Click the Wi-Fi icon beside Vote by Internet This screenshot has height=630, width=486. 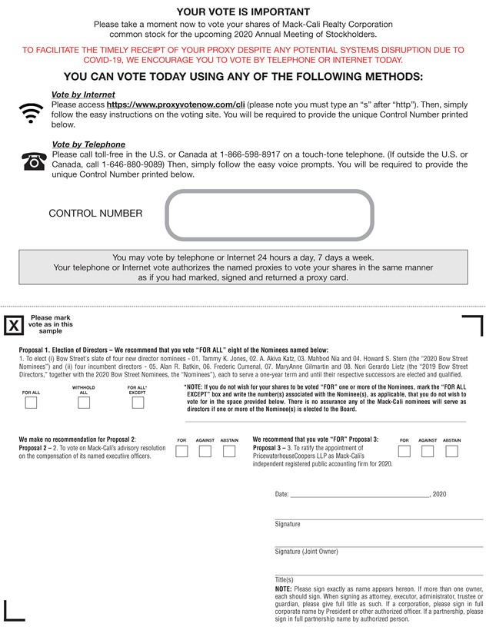click(30, 112)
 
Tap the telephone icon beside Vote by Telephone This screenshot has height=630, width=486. click(33, 161)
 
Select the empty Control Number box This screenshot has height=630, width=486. click(269, 214)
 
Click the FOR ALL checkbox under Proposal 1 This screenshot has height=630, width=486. click(31, 403)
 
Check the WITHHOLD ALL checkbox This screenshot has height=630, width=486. click(84, 403)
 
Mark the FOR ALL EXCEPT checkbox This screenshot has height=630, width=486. click(137, 403)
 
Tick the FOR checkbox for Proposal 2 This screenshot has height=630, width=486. click(181, 451)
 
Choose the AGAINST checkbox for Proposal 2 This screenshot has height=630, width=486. click(205, 451)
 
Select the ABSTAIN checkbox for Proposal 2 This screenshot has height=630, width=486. click(229, 451)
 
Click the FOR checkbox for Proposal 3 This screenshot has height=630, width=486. click(404, 451)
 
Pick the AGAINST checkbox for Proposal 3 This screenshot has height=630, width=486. click(428, 451)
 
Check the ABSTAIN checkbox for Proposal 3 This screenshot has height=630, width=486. click(451, 451)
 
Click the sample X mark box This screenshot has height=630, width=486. click(14, 325)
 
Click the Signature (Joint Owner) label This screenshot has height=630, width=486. click(306, 552)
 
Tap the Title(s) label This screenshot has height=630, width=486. click(284, 579)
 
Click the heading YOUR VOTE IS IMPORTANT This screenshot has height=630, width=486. click(243, 12)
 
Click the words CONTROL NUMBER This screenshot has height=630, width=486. click(95, 214)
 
